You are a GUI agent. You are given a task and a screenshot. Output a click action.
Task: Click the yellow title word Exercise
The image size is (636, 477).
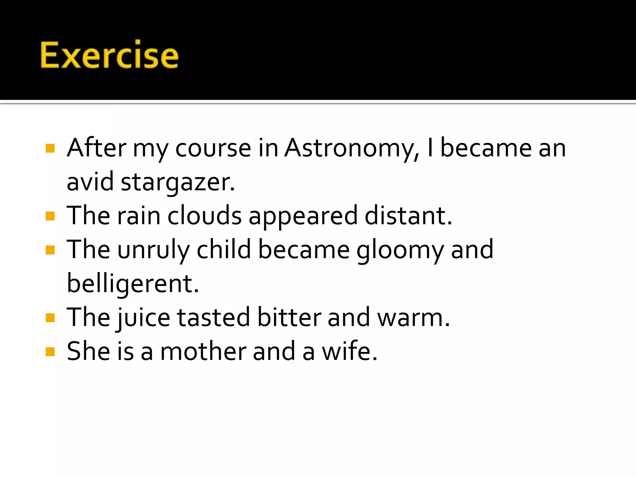click(109, 55)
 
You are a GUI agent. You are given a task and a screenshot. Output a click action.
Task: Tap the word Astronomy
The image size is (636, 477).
click(351, 148)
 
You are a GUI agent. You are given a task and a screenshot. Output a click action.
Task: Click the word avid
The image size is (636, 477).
click(90, 182)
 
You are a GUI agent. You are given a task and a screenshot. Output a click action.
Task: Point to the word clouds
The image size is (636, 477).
click(204, 216)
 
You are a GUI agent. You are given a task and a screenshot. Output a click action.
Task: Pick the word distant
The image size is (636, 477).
click(408, 216)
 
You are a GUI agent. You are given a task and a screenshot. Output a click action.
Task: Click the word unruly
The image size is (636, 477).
click(153, 250)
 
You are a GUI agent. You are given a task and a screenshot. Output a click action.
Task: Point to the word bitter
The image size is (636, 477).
click(289, 317)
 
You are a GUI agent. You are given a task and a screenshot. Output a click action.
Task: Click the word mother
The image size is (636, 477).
click(203, 352)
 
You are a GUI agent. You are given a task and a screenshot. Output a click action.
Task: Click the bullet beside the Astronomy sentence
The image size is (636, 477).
click(50, 148)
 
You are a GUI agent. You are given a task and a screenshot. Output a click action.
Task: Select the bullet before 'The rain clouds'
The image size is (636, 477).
click(50, 216)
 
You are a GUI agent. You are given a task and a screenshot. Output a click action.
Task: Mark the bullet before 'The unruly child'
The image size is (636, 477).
click(50, 250)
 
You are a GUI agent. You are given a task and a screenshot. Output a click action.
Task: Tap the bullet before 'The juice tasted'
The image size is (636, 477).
click(50, 318)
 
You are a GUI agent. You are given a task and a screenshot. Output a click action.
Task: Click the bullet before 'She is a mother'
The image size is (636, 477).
click(50, 352)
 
